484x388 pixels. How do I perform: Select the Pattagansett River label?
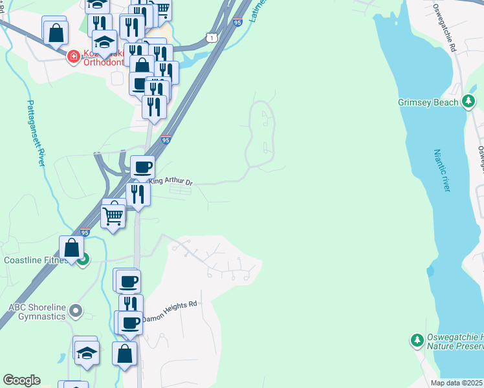(36, 133)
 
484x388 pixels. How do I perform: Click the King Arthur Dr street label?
(171, 182)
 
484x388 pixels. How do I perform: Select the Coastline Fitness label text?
(36, 261)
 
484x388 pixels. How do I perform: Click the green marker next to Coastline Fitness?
(83, 260)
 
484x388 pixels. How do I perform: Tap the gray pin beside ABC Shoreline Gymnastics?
(76, 312)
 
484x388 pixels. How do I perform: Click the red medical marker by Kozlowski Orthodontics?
(74, 57)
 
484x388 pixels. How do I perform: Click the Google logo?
(21, 380)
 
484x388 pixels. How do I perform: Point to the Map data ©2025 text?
(457, 383)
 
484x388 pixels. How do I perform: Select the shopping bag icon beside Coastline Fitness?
(71, 247)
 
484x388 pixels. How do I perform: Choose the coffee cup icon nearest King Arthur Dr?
(142, 167)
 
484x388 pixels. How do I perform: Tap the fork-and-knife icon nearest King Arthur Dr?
(138, 193)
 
